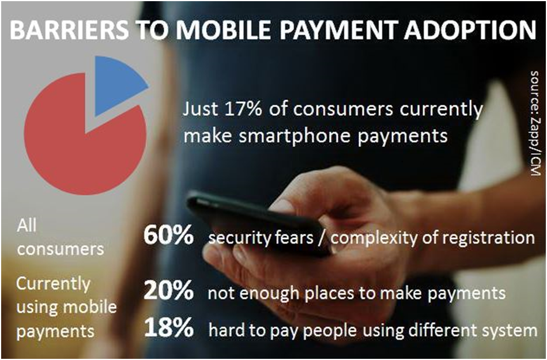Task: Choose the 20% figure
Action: (168, 293)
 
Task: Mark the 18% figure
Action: (168, 328)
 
